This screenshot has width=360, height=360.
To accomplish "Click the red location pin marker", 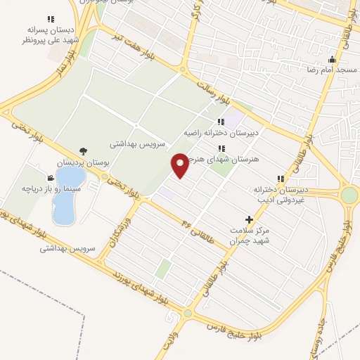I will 181,165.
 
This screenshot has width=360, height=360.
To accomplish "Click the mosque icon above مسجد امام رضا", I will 332,60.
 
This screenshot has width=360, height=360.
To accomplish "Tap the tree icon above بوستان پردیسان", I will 84,150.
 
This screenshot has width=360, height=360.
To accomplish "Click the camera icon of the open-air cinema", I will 51,178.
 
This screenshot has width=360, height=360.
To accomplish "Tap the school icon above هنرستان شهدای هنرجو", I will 222,148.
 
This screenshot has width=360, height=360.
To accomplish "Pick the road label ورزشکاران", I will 112,234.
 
